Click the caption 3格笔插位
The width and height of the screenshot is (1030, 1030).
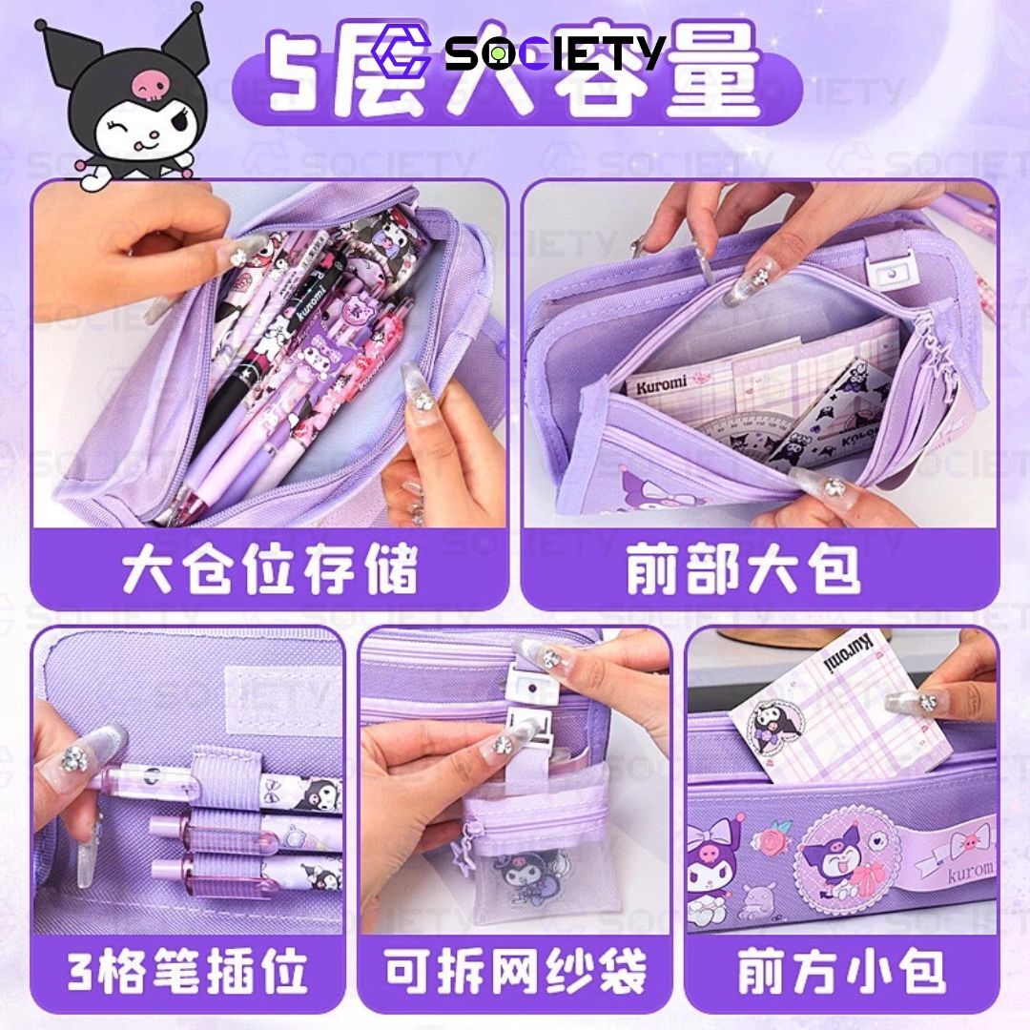tap(188, 972)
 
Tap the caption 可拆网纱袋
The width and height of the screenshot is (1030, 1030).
tap(515, 972)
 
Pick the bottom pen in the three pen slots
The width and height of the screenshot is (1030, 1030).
tap(238, 873)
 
